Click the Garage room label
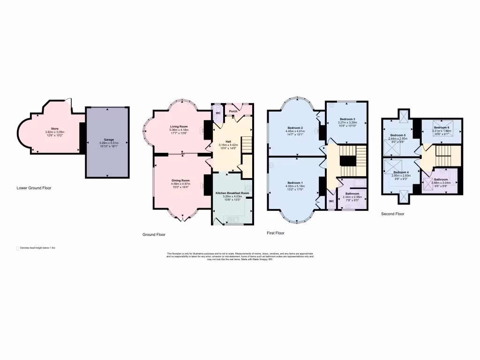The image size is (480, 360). click(x=109, y=140)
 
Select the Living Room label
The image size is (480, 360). click(x=179, y=126)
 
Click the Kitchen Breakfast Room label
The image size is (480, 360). click(x=232, y=193)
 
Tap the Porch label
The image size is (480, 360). click(x=233, y=111)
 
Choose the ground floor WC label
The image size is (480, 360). click(x=218, y=113)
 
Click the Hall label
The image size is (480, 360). click(x=228, y=141)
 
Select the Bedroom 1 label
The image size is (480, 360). click(x=295, y=182)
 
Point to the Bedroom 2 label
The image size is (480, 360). click(x=295, y=128)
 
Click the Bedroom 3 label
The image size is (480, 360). click(x=347, y=119)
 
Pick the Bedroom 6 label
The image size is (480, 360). click(x=441, y=127)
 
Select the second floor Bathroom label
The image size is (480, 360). click(x=441, y=180)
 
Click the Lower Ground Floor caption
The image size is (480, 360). click(x=34, y=188)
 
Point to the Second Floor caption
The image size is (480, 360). click(x=392, y=214)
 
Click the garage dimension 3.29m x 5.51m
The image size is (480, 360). click(x=109, y=143)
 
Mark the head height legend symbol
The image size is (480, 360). click(x=17, y=247)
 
